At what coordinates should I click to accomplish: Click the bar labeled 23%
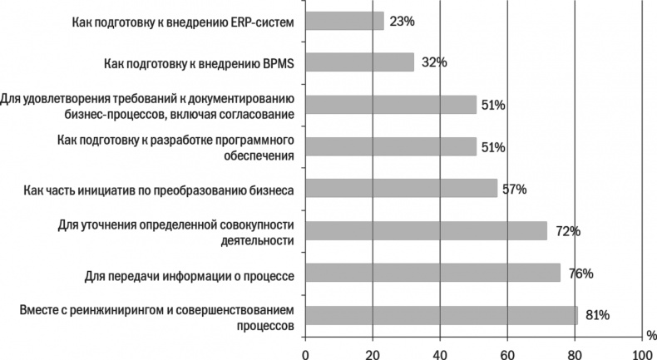344,20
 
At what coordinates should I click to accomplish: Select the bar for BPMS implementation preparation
359,62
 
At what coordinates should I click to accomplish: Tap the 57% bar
401,189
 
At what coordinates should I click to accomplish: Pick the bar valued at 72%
426,231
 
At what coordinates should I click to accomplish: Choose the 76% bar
432,274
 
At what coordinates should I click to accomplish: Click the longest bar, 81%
441,315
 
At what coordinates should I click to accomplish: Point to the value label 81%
596,315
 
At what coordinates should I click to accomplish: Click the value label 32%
433,62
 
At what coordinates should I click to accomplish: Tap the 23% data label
402,20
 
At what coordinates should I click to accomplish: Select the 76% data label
580,274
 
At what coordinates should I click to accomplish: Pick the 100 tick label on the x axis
640,354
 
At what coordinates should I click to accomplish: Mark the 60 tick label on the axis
506,354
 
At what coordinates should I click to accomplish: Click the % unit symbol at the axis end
650,335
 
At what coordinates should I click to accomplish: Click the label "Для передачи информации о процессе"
190,274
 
